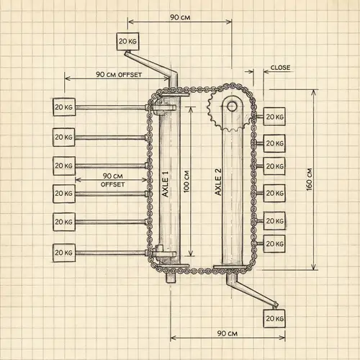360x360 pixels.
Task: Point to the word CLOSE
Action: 281,68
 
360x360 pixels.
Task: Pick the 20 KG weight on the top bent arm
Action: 127,40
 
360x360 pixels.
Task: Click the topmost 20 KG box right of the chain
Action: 274,116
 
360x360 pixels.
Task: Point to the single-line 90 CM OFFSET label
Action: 108,75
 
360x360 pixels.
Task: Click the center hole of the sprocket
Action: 232,106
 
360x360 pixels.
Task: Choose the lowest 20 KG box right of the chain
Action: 274,244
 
